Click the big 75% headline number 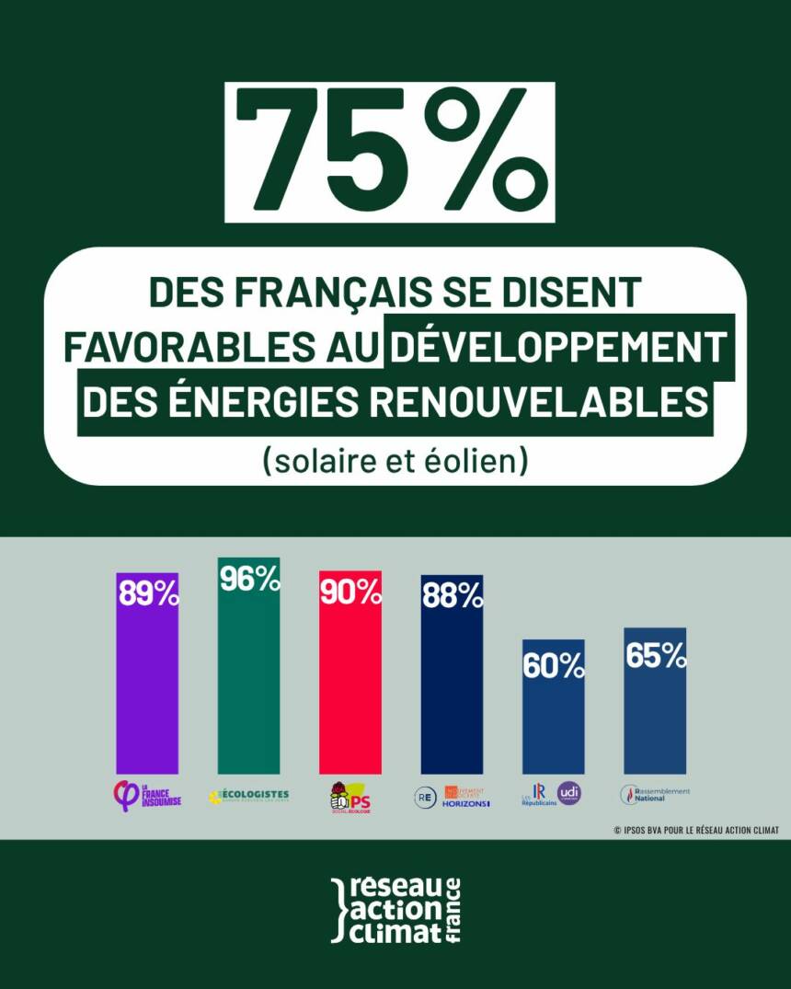(x=389, y=152)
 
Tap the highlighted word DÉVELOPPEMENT (x=558, y=347)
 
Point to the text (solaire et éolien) (x=395, y=459)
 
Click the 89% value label (x=148, y=594)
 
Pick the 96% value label (x=249, y=579)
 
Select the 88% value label (x=452, y=596)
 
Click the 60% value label (x=554, y=664)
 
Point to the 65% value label (x=655, y=654)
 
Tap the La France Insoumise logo (x=147, y=795)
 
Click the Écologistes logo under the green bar (x=248, y=795)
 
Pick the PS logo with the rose (x=350, y=797)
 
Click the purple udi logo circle (x=569, y=793)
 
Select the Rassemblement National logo (x=655, y=794)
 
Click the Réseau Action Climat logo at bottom (x=395, y=910)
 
